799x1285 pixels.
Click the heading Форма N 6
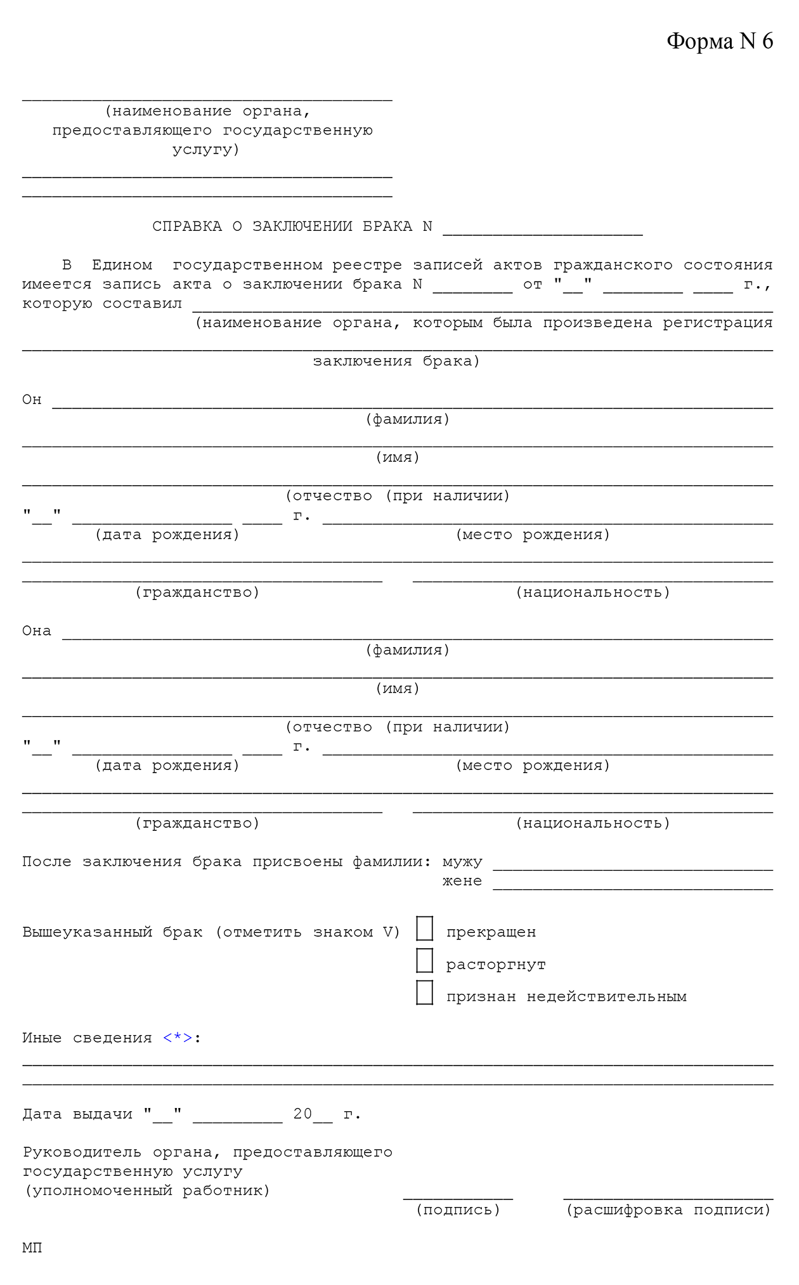tap(720, 41)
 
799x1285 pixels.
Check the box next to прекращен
tap(425, 929)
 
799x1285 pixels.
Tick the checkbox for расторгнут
tap(425, 960)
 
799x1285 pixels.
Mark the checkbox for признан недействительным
tap(425, 993)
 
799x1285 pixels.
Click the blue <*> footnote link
tap(178, 1038)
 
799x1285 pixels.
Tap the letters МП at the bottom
tap(32, 1248)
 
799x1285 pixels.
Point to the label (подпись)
tap(458, 1210)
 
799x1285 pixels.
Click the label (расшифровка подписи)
tap(668, 1210)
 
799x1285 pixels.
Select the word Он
tap(32, 400)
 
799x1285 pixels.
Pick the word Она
tap(37, 630)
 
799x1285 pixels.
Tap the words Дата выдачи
tap(77, 1114)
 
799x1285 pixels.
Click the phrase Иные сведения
tap(87, 1038)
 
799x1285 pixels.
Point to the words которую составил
tap(102, 303)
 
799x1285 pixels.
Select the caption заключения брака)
tap(396, 361)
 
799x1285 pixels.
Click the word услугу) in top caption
tap(206, 150)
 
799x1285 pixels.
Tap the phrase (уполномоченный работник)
tap(147, 1190)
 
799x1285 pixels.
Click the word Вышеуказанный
tap(88, 932)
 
